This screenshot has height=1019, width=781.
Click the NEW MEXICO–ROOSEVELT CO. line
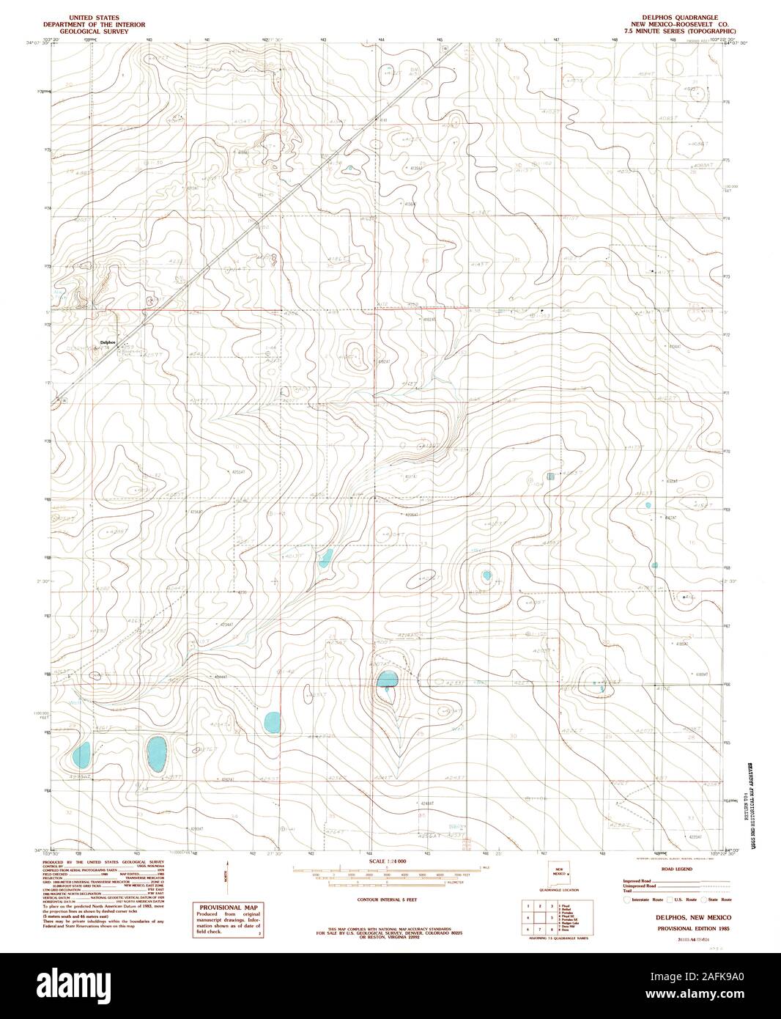[x=682, y=23]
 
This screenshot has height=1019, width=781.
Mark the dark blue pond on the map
[x=387, y=681]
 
